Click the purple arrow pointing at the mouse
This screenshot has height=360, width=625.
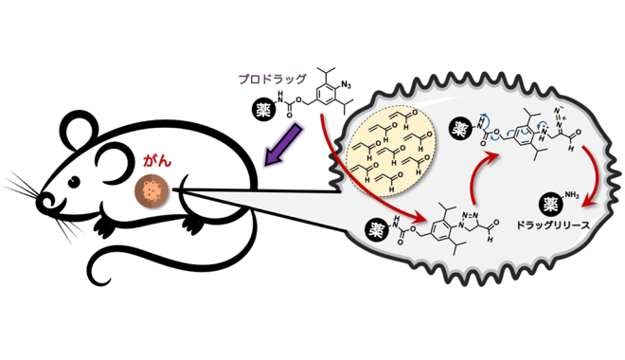283,144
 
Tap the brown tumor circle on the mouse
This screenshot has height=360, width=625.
152,191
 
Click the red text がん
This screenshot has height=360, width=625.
157,161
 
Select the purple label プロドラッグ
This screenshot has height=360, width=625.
272,79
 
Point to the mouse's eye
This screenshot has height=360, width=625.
74,182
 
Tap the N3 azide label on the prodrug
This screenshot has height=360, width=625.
346,85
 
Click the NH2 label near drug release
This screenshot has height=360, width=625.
571,194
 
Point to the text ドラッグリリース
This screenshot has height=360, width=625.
552,225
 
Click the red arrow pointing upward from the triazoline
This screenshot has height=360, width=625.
478,173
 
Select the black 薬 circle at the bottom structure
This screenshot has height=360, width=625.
376,230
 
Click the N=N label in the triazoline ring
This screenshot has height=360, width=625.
470,216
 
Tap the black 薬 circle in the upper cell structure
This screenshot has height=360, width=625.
459,129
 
